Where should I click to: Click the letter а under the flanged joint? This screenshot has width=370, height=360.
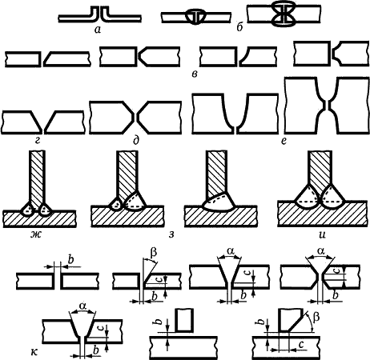(98, 30)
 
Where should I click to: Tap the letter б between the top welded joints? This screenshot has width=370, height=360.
(239, 27)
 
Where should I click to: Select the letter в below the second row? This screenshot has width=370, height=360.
(195, 74)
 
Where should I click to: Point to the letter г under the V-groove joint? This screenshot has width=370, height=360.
(38, 141)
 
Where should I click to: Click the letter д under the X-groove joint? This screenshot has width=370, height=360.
(136, 140)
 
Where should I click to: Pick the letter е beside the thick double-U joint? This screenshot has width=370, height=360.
(284, 141)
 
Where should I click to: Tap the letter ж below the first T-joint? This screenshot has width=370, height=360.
(37, 234)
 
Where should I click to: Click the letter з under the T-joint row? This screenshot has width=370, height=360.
(171, 234)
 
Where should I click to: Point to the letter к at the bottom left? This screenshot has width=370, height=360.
(34, 353)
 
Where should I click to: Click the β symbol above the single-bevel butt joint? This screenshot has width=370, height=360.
(154, 253)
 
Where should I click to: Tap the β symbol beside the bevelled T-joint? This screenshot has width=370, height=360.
(316, 318)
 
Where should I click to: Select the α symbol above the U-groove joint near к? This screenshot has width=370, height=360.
(82, 306)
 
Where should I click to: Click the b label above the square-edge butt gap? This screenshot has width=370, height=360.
(70, 260)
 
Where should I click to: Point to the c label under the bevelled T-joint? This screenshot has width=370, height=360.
(301, 345)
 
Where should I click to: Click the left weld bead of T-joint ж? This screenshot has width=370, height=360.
(27, 209)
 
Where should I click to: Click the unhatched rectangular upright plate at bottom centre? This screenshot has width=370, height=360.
(184, 320)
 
